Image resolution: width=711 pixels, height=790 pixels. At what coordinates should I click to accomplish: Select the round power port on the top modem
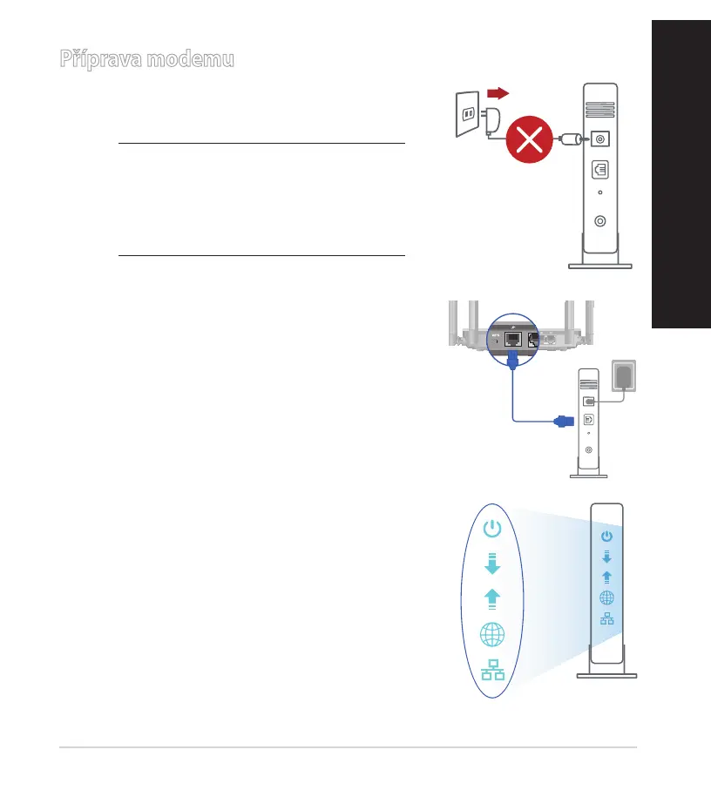click(x=599, y=139)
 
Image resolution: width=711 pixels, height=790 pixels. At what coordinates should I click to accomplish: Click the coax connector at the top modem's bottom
click(x=599, y=220)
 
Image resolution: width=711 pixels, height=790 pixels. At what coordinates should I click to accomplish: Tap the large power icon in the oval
click(x=493, y=529)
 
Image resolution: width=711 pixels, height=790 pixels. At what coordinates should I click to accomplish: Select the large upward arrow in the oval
click(x=493, y=598)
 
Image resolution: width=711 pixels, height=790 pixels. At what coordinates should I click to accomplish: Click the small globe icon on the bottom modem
click(x=607, y=598)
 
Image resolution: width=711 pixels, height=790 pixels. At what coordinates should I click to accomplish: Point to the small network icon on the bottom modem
click(x=607, y=618)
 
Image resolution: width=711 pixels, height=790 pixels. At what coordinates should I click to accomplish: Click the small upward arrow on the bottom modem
click(x=607, y=577)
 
